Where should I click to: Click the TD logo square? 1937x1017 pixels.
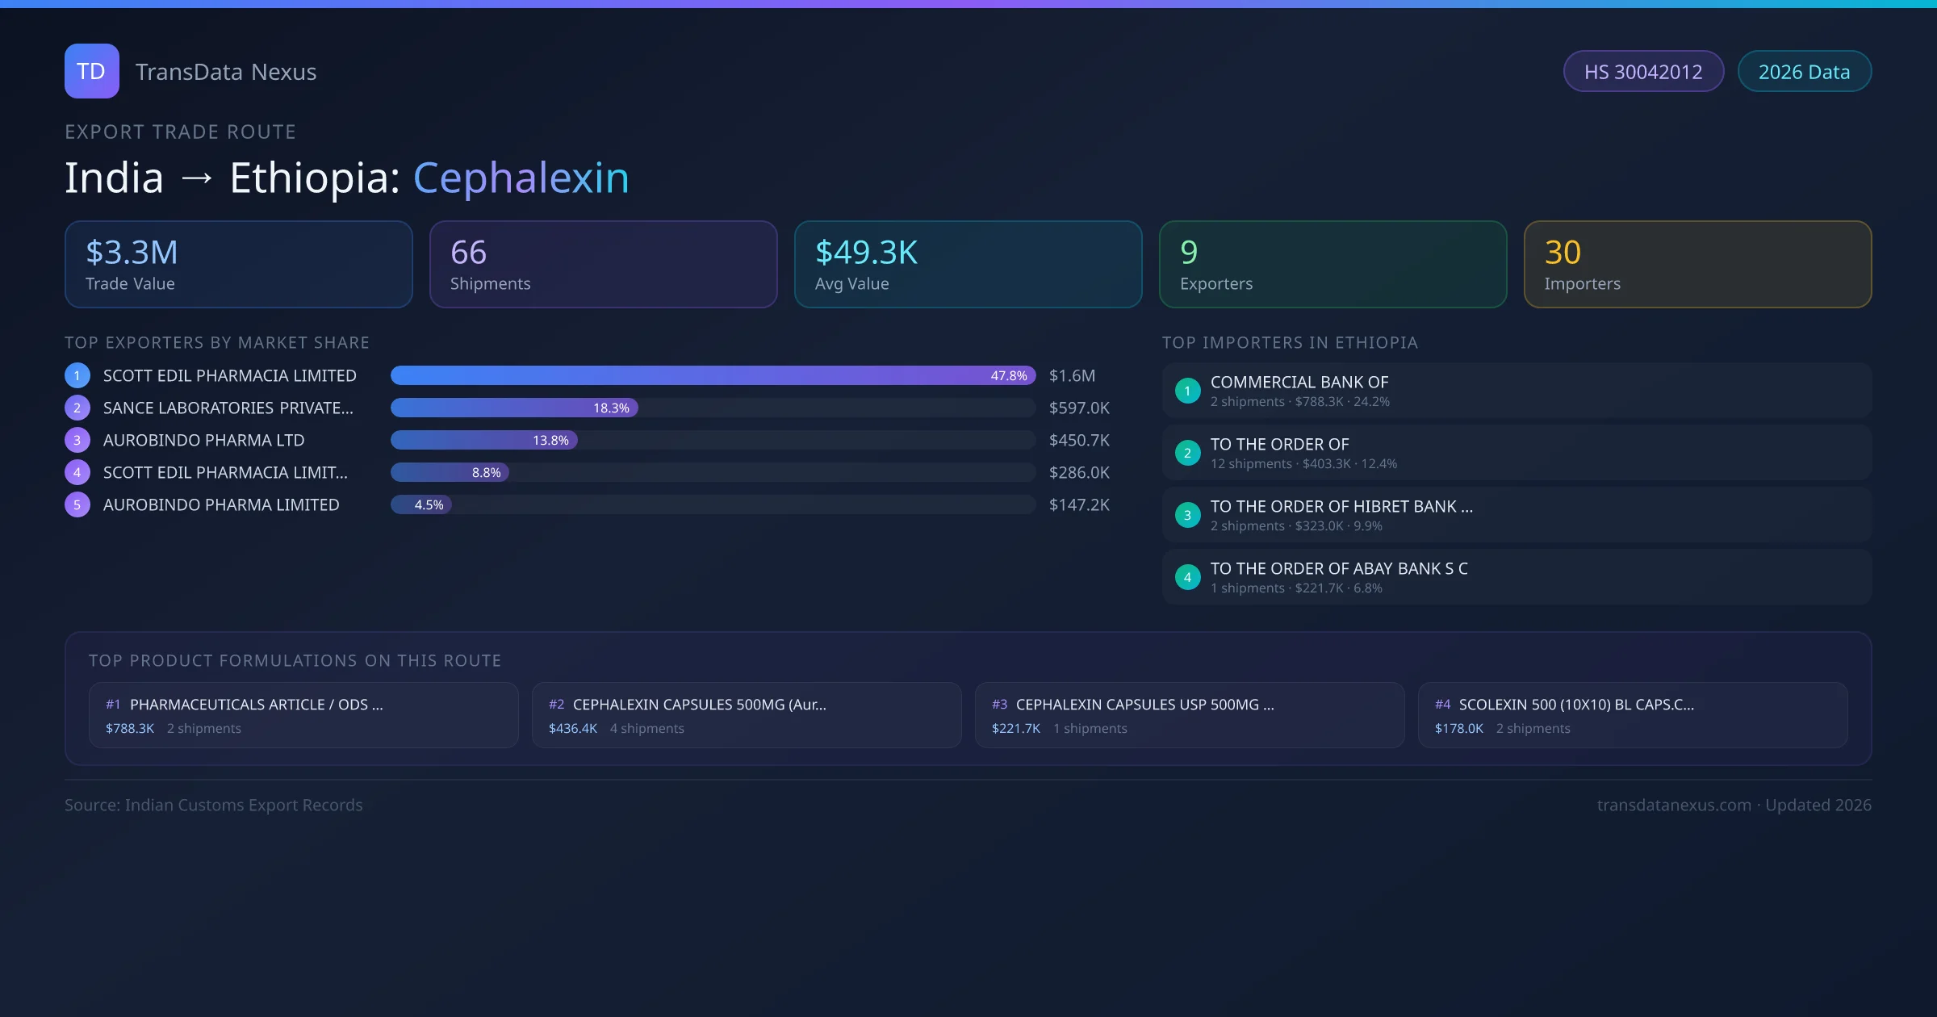(92, 71)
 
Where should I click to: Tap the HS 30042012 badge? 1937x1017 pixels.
(1643, 72)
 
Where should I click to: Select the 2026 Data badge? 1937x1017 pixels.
(1804, 72)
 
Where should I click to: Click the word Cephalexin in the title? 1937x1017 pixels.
(521, 178)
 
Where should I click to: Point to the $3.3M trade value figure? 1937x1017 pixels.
(132, 253)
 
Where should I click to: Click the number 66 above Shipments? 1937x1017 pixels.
(468, 253)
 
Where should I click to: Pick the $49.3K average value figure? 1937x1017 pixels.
(866, 253)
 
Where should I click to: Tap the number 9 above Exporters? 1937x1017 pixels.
(1189, 253)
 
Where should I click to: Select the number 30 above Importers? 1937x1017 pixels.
(1563, 253)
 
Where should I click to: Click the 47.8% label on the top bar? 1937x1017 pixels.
(1009, 376)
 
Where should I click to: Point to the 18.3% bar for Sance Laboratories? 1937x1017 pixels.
(515, 408)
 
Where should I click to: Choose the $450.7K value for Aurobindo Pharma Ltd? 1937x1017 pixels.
(1079, 441)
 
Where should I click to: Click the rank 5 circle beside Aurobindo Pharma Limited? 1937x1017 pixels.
(77, 505)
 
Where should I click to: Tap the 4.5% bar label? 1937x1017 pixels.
(429, 505)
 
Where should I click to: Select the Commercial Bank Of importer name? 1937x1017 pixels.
(1299, 383)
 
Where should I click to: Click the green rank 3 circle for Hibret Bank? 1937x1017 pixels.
(1187, 515)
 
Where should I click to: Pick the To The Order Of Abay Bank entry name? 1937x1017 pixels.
(1339, 569)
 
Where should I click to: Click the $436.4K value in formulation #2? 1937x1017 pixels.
(573, 729)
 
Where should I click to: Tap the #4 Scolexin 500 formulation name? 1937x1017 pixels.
(1576, 705)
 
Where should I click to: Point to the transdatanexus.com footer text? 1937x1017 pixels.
(1674, 806)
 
